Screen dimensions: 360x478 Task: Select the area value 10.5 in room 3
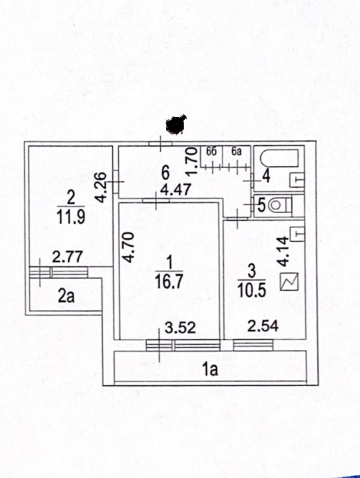pos(252,290)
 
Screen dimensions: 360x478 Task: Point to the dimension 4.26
pos(101,187)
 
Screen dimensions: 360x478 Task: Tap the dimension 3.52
pos(180,327)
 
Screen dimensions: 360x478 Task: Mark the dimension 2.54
pos(263,326)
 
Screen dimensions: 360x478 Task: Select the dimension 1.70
pos(191,161)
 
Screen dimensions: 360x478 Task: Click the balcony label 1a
pos(210,369)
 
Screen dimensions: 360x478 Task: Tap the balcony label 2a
pos(66,296)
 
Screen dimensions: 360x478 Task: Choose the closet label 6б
pos(211,152)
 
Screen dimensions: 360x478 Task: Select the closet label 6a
pos(236,152)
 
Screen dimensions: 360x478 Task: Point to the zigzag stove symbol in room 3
pos(289,282)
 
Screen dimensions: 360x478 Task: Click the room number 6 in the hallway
pos(166,173)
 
